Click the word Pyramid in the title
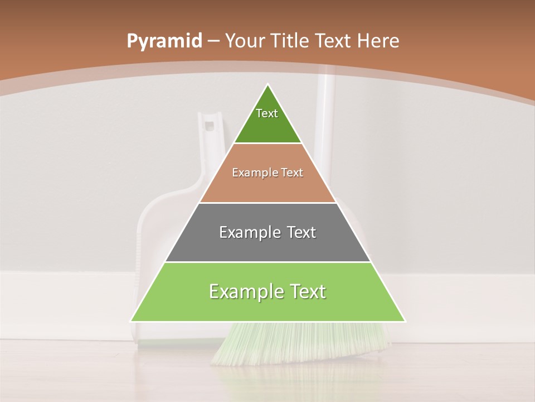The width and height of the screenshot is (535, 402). [x=164, y=41]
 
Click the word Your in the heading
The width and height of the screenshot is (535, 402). [x=246, y=41]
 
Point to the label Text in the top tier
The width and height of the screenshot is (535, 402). [x=267, y=113]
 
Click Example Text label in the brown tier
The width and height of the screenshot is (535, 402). [x=267, y=173]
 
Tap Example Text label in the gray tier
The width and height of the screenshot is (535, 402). [x=267, y=232]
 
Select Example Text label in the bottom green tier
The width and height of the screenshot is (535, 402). [x=267, y=291]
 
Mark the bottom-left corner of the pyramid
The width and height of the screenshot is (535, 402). [x=132, y=321]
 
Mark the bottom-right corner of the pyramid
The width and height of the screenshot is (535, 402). [x=405, y=321]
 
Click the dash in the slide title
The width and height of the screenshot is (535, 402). [x=213, y=41]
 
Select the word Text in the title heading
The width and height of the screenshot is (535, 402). [x=333, y=41]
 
